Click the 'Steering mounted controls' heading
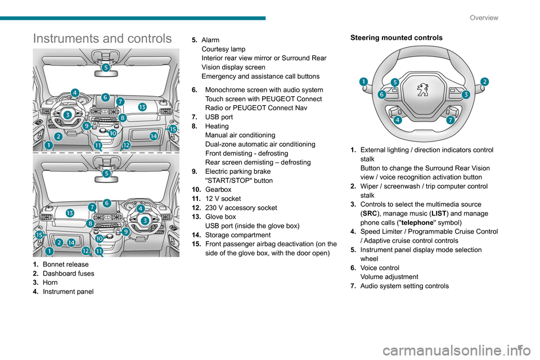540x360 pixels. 397,38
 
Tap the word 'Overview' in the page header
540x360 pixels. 484,17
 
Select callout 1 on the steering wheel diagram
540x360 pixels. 364,82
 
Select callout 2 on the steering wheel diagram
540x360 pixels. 484,82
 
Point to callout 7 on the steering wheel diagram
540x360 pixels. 451,120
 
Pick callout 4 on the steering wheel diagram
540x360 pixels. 398,120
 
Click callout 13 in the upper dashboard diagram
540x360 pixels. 142,107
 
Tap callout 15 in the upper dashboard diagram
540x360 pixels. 173,129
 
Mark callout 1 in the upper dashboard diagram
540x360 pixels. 49,145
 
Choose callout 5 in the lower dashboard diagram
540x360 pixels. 106,174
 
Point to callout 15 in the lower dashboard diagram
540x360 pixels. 39,235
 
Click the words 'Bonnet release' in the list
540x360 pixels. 66,264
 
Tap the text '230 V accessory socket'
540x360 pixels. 241,208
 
